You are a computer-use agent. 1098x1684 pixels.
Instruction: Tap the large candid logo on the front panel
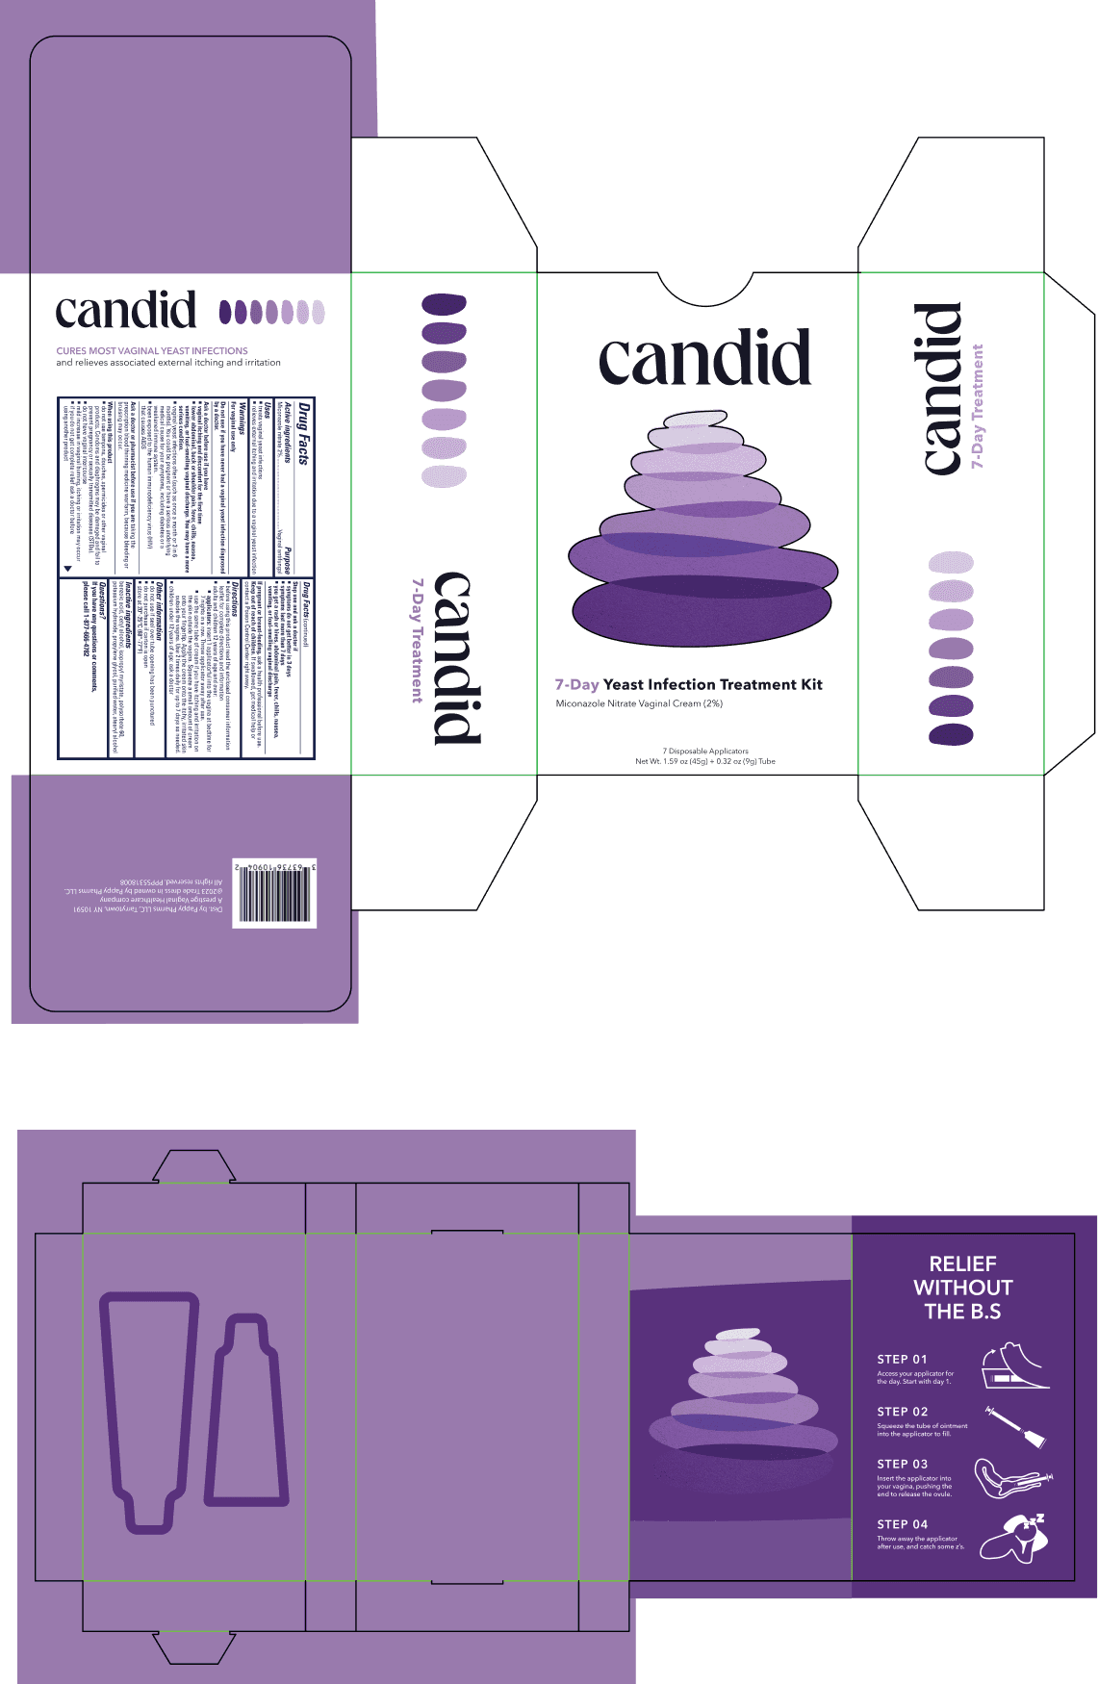tap(704, 357)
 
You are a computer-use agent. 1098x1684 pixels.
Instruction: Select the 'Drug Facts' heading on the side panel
tap(303, 434)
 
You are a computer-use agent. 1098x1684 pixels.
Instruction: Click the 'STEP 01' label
tap(902, 1359)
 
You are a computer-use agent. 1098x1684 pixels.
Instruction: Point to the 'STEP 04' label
tap(902, 1524)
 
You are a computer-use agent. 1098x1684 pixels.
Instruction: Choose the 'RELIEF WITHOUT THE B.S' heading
tap(962, 1288)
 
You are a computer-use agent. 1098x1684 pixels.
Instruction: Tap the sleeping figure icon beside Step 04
tap(1014, 1537)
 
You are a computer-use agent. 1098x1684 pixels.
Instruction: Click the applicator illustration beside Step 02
tap(1016, 1426)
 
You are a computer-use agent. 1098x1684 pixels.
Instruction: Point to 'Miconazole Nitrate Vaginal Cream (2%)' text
tap(639, 703)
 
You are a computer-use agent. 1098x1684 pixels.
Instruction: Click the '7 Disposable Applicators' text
tap(705, 751)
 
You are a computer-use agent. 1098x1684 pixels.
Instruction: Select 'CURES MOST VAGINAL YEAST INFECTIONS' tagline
tap(152, 351)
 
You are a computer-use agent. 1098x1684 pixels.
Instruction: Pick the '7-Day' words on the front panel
tap(576, 684)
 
